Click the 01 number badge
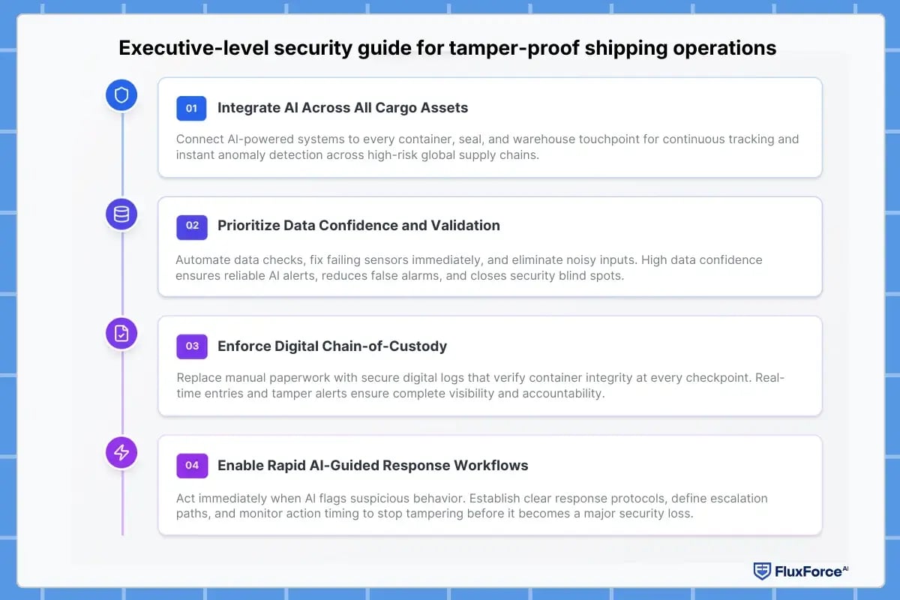pos(191,108)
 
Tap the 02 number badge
pos(191,226)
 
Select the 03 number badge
pos(191,346)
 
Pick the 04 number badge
pos(191,465)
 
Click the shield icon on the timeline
pos(121,95)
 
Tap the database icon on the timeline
pos(121,214)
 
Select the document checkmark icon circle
pos(121,334)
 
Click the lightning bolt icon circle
pos(121,452)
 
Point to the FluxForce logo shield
pos(762,571)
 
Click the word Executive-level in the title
pos(185,49)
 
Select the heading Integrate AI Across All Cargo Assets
pos(343,108)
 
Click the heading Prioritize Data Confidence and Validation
pos(358,226)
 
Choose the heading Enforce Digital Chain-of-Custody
pos(332,346)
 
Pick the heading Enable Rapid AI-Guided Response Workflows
pos(373,465)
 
